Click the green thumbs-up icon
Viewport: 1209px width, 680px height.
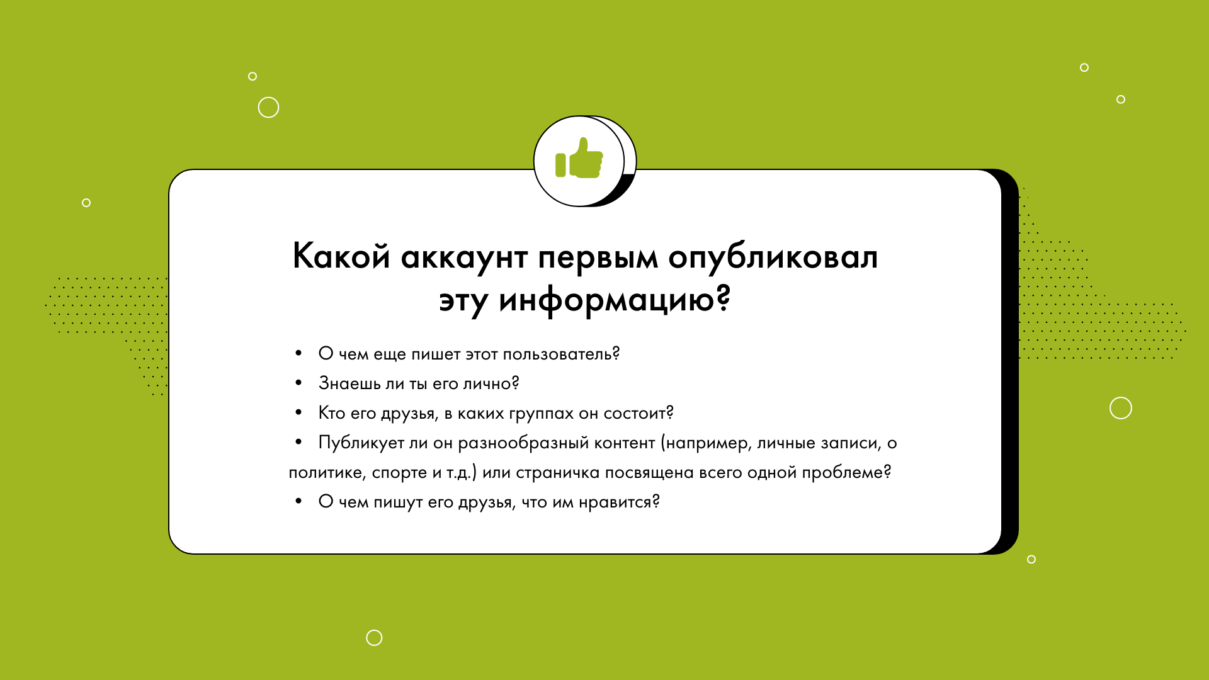point(579,158)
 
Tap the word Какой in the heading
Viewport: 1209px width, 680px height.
point(341,256)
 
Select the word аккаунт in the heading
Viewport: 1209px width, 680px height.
point(464,258)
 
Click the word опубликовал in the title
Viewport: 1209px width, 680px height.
point(773,256)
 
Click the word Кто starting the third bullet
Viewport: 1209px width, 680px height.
point(332,413)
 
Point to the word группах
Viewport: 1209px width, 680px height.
point(542,414)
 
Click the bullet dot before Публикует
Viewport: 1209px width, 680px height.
point(298,443)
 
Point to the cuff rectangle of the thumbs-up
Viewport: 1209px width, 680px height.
point(560,165)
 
